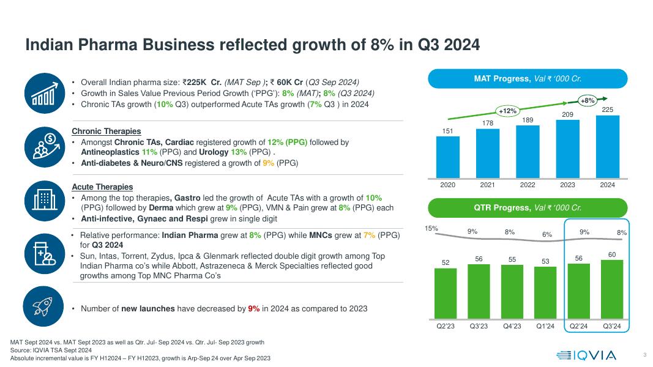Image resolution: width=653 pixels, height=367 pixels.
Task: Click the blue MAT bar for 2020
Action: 448,156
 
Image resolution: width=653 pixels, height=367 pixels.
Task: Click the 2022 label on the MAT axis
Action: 528,185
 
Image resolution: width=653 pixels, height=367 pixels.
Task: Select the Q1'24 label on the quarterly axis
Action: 545,326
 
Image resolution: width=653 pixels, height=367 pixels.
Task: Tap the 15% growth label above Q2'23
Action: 432,228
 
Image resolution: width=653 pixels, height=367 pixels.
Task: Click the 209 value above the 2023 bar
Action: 567,114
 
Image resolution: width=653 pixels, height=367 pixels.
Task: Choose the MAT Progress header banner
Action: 528,78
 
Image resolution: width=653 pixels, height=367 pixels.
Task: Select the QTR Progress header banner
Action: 528,208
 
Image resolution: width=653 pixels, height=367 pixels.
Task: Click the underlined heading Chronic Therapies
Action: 106,132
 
